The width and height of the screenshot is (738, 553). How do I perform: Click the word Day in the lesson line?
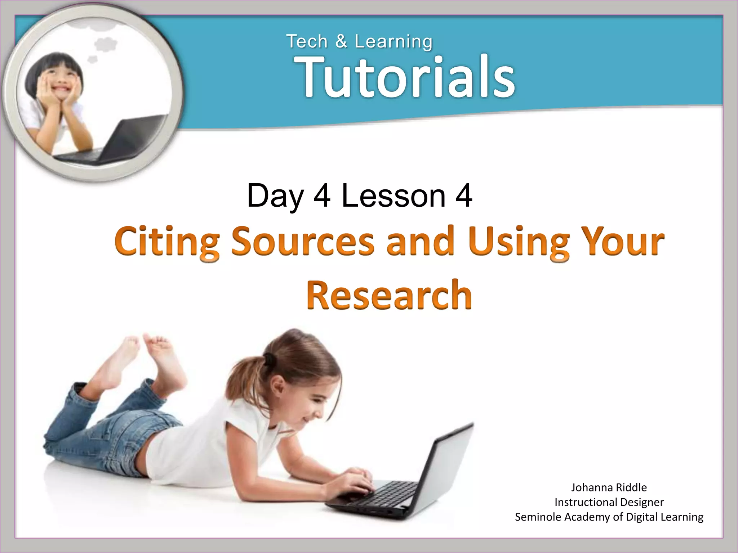click(x=275, y=196)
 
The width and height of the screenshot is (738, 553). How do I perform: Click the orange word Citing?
click(x=167, y=241)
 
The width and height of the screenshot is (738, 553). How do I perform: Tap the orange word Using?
click(x=519, y=241)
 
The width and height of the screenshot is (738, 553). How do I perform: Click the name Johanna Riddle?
click(x=609, y=487)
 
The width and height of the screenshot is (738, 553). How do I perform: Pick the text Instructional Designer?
click(x=609, y=502)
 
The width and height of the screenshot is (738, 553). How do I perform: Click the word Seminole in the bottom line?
click(x=538, y=517)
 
